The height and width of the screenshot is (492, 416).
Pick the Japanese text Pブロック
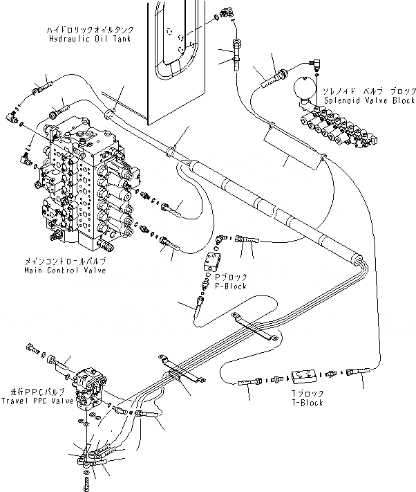click(x=232, y=276)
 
